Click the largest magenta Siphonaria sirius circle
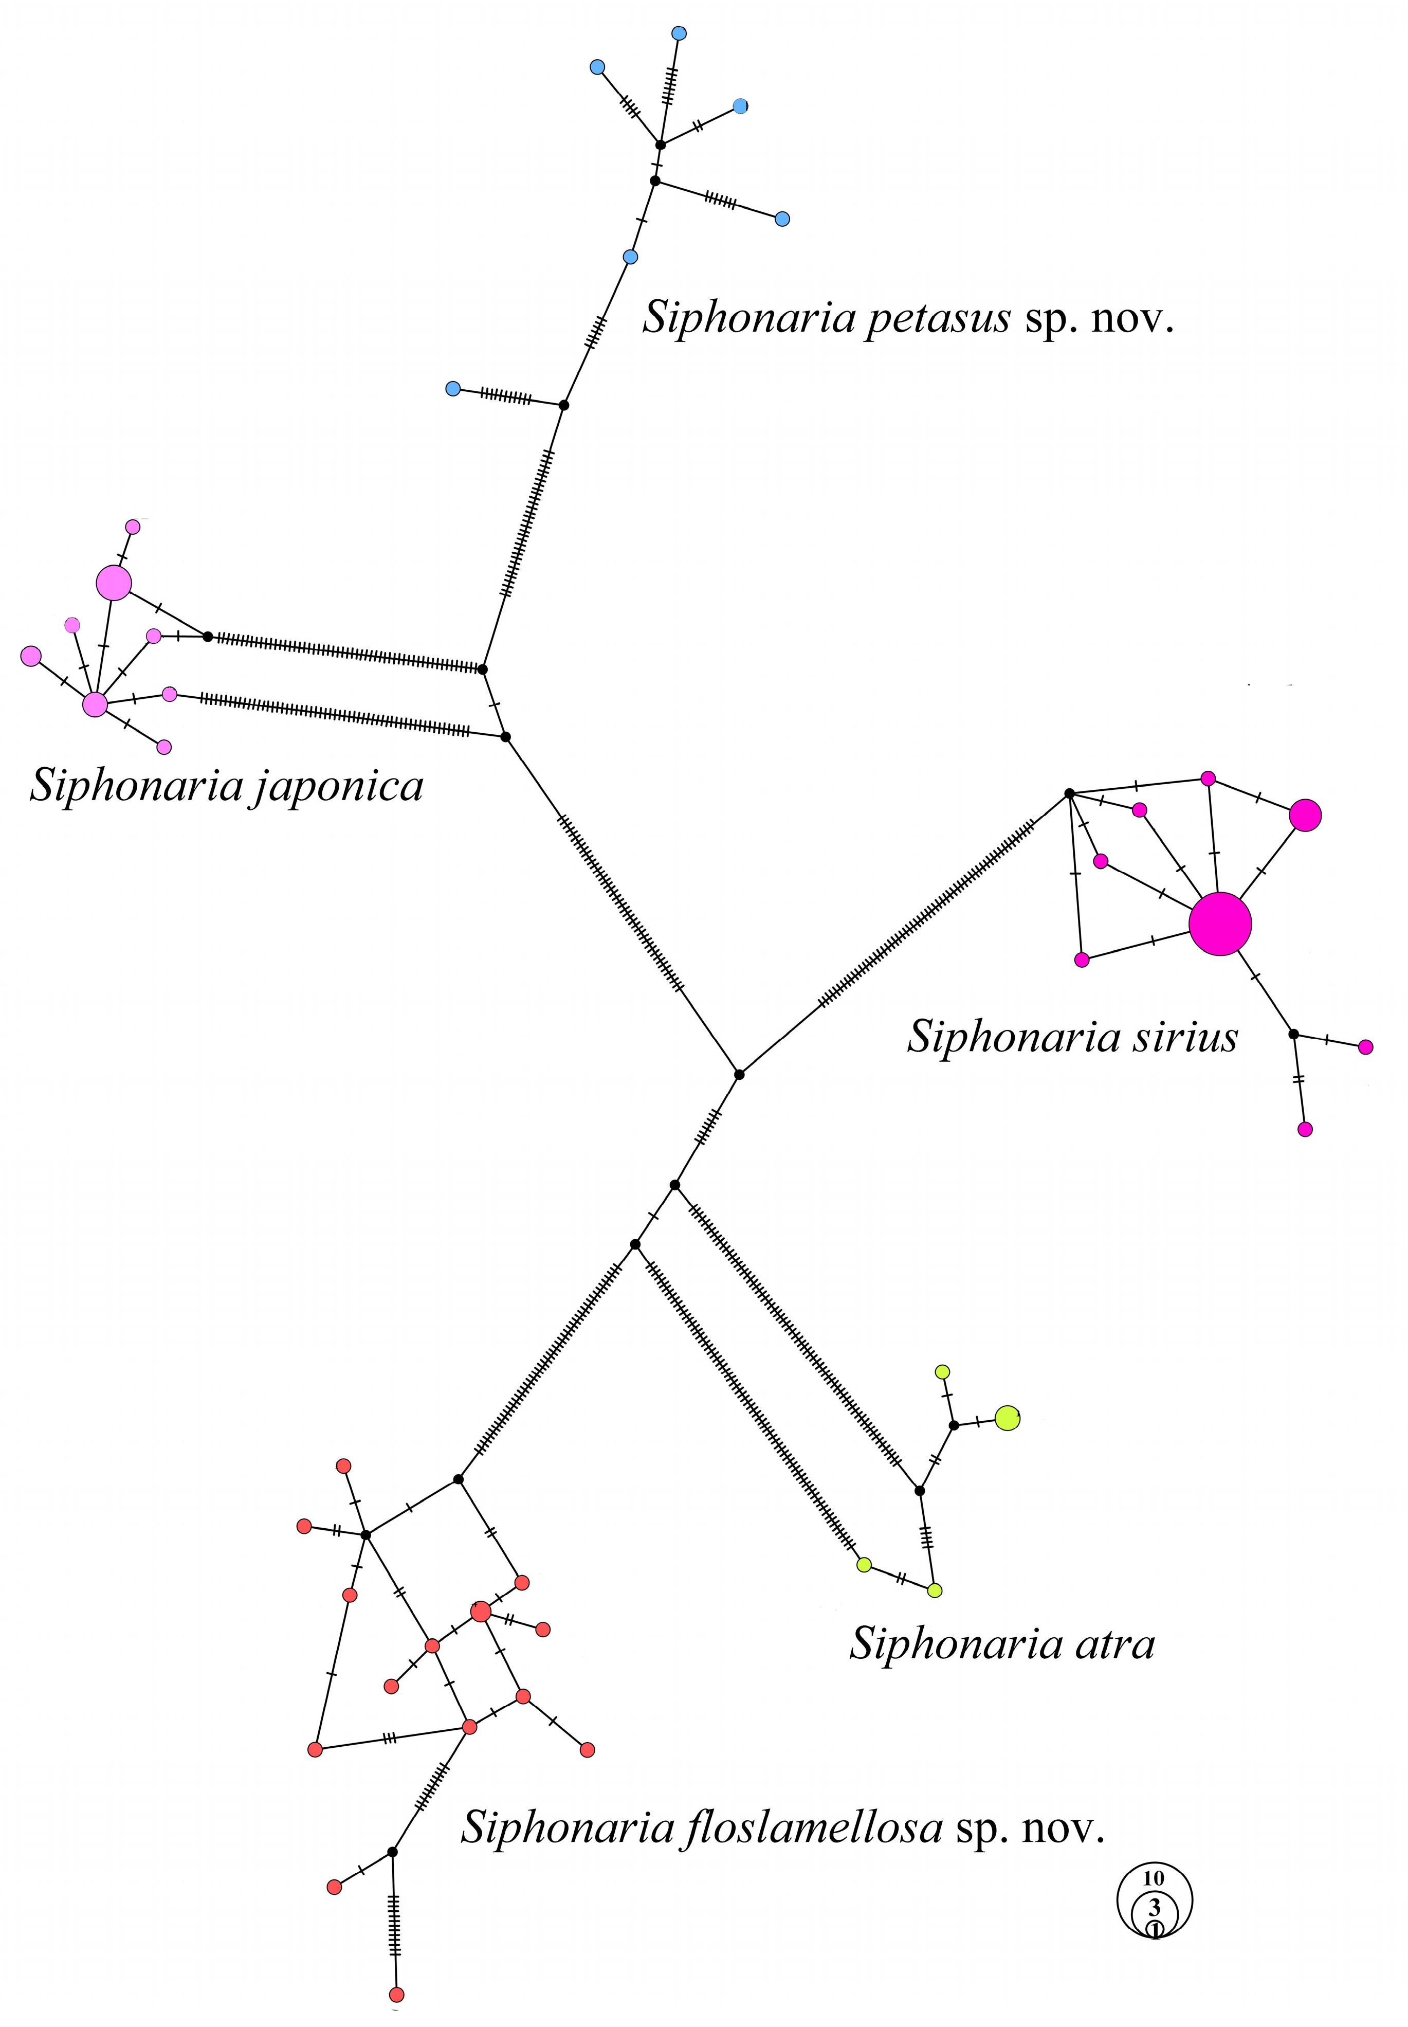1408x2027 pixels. tap(1220, 924)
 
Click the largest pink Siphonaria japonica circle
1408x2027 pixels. tap(114, 583)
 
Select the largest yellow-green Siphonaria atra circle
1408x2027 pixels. tap(1008, 1418)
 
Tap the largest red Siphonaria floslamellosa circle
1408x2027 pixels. tap(481, 1612)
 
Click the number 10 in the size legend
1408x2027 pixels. tap(1154, 1879)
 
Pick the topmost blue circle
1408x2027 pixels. tap(679, 33)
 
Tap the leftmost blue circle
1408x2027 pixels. tap(453, 388)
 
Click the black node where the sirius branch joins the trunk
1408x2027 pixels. tap(739, 1074)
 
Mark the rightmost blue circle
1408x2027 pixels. tap(782, 219)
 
